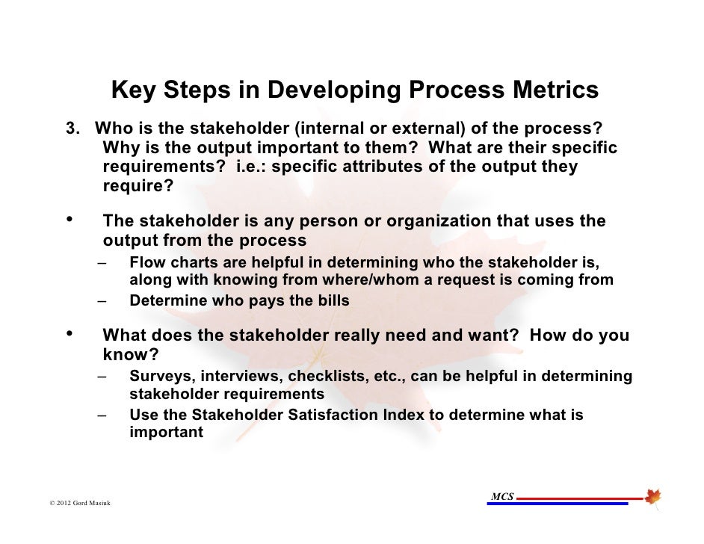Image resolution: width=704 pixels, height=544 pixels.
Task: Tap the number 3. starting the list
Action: [x=75, y=127]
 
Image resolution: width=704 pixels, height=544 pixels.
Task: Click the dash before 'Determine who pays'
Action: [x=101, y=301]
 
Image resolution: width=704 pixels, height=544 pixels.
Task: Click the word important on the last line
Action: [x=166, y=433]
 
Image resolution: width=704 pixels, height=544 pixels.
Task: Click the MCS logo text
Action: [x=501, y=496]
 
